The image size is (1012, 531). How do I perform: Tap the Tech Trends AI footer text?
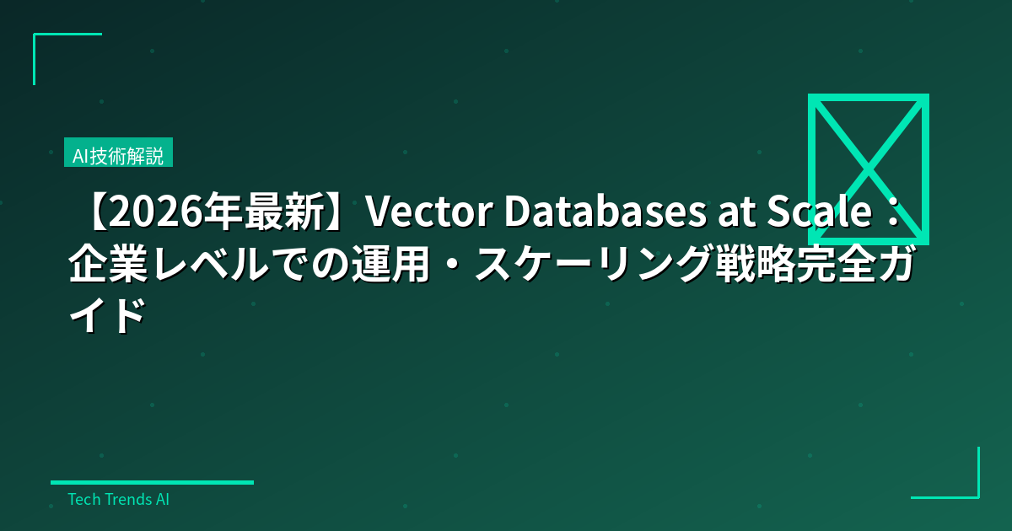click(118, 499)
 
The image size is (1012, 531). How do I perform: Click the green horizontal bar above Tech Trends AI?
click(152, 482)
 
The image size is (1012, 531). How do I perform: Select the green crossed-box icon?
click(868, 169)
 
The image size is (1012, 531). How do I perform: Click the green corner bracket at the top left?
click(51, 42)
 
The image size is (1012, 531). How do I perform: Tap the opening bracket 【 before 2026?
click(93, 216)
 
